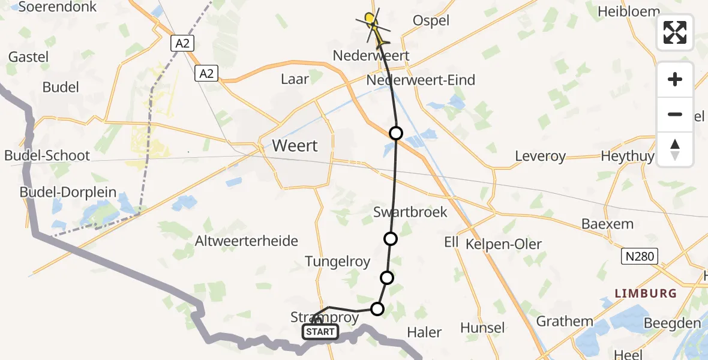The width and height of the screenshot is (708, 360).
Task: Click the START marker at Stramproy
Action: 320,331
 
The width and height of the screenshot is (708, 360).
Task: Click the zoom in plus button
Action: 675,79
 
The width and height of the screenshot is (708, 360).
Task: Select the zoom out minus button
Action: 675,114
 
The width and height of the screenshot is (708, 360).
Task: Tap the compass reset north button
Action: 675,149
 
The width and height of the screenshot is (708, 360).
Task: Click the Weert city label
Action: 295,146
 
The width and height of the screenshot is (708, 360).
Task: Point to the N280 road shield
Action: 640,257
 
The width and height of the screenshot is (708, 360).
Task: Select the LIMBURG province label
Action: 646,293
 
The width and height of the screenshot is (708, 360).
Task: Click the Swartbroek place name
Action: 410,212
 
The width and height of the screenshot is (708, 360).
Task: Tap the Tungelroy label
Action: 337,262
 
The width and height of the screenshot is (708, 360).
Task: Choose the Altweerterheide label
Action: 247,241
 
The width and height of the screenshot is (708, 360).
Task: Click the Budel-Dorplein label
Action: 68,194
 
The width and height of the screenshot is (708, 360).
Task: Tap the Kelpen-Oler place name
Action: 503,244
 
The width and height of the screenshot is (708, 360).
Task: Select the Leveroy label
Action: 540,157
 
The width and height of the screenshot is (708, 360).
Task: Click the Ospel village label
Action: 431,20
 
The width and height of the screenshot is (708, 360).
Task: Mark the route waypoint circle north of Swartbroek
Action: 396,133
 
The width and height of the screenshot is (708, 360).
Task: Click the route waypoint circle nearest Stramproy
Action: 377,309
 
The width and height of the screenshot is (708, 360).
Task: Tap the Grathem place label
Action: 565,322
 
